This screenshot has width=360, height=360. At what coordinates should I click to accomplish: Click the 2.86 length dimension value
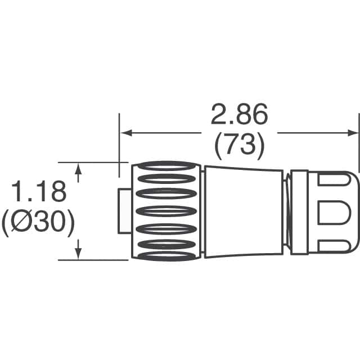(239, 115)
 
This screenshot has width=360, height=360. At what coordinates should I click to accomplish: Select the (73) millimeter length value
(239, 146)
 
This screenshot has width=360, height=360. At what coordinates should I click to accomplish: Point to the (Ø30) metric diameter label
(38, 223)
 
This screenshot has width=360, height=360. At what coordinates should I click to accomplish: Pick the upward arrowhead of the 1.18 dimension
(79, 169)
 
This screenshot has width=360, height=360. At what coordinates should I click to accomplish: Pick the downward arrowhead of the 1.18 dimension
(79, 254)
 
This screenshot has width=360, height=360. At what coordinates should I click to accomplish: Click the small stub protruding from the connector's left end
(125, 211)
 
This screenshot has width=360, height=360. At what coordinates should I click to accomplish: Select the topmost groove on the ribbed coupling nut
(165, 166)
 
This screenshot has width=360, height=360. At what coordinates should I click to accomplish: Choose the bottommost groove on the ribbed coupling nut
(165, 256)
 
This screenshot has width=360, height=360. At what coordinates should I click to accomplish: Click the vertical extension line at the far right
(359, 146)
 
